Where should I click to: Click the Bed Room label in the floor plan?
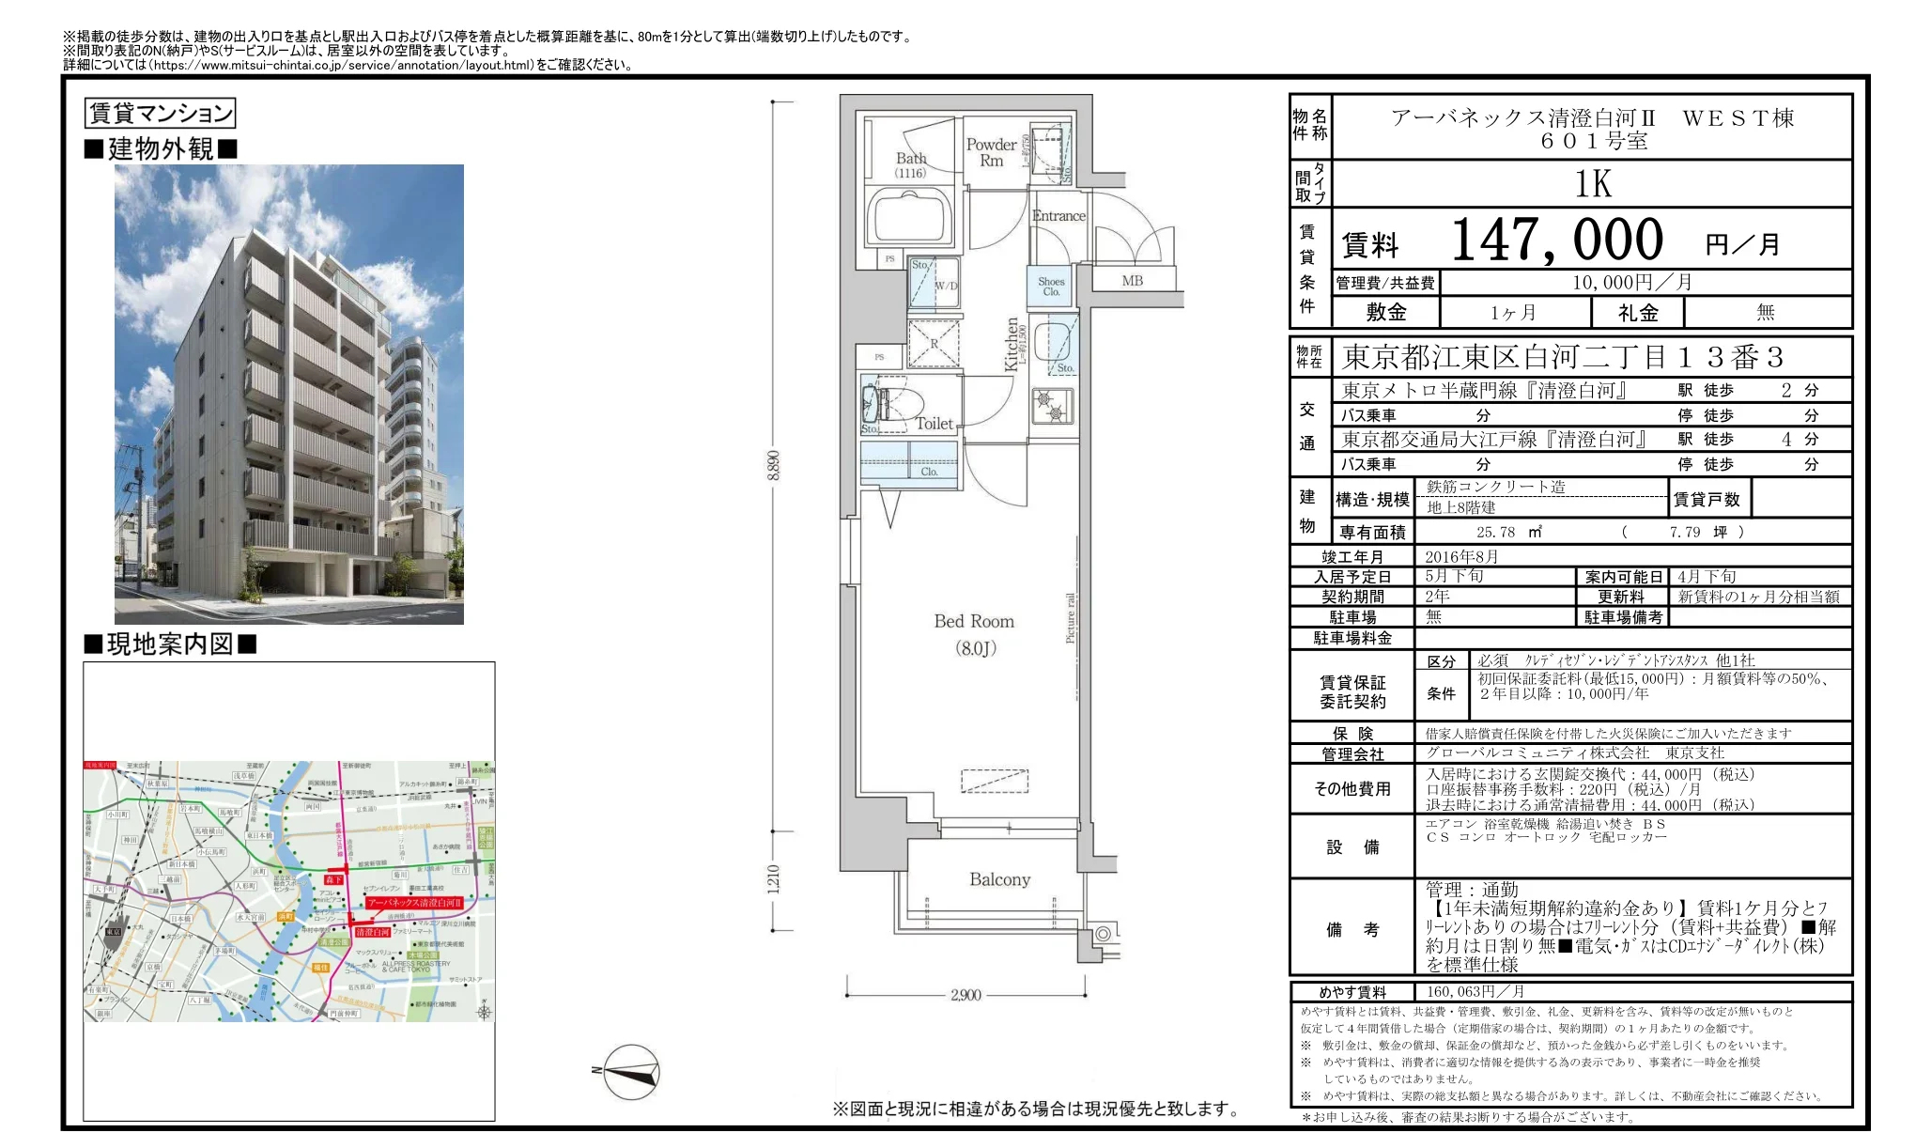click(x=974, y=622)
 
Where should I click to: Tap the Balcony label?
click(x=999, y=879)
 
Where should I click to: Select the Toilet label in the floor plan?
click(x=935, y=424)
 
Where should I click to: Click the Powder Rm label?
click(x=991, y=152)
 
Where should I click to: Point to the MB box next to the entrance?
click(x=1133, y=280)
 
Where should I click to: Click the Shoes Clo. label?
click(x=1051, y=287)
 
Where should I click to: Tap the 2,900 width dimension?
click(x=965, y=995)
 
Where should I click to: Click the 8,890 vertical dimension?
click(x=773, y=465)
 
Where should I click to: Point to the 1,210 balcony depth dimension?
click(x=773, y=879)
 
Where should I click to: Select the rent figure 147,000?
click(x=1557, y=240)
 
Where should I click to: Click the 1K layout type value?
click(x=1593, y=184)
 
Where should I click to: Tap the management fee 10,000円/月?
click(x=1632, y=282)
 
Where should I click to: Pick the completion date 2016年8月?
click(x=1461, y=556)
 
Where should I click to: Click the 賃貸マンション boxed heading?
click(x=160, y=114)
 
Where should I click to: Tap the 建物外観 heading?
click(x=161, y=148)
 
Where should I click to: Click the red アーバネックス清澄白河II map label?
click(x=414, y=902)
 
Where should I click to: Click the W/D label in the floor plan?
click(x=946, y=286)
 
